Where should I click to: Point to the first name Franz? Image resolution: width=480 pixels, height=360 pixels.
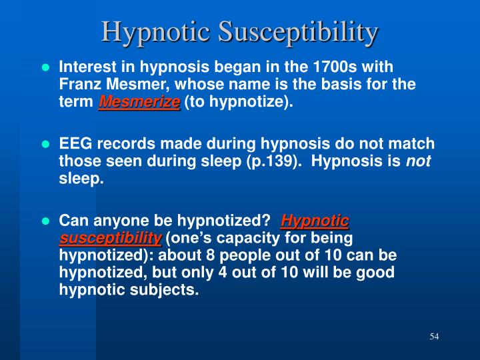point(79,85)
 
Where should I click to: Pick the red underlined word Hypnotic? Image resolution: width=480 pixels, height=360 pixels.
point(315,221)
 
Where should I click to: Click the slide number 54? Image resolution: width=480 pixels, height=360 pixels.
point(434,336)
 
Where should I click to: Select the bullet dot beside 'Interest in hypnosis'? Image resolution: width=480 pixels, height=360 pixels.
point(46,68)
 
